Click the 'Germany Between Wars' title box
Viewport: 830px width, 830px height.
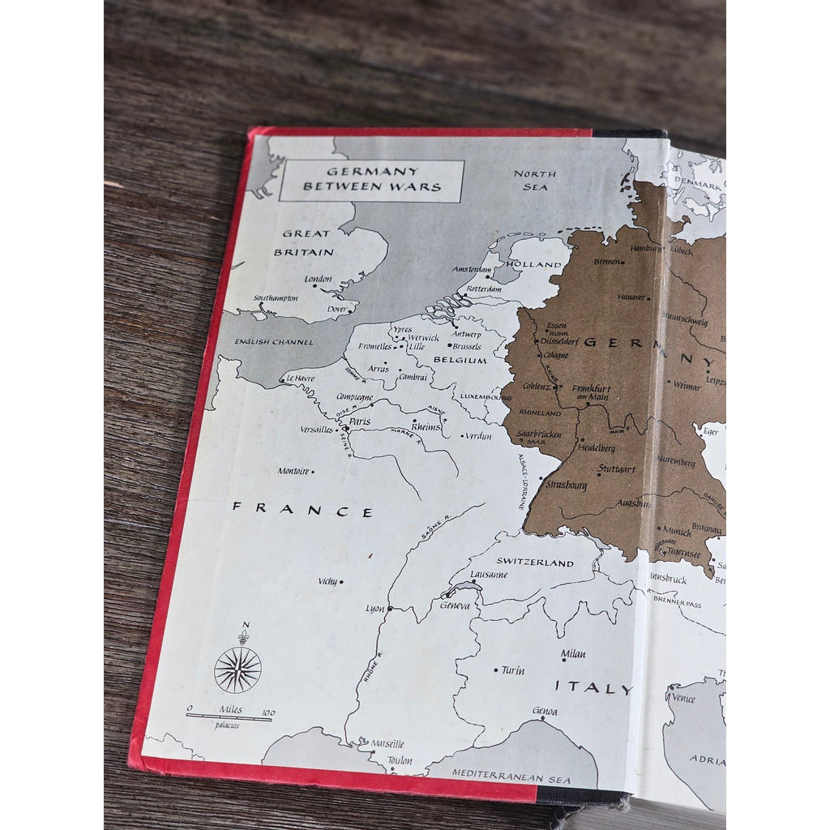click(371, 180)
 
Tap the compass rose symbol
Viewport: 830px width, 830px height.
click(237, 669)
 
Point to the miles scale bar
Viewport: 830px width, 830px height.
click(230, 717)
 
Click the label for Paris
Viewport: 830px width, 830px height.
click(360, 421)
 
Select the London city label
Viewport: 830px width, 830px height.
click(318, 280)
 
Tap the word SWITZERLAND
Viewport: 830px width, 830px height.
click(535, 562)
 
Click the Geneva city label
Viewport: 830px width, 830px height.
click(455, 605)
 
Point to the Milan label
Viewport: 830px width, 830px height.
click(573, 654)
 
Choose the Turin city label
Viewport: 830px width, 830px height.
click(513, 670)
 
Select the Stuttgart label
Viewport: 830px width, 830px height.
click(617, 468)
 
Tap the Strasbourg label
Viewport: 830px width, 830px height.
click(567, 485)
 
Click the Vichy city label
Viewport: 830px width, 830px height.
click(327, 581)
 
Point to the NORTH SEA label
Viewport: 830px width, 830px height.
click(535, 180)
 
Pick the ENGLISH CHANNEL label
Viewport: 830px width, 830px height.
click(274, 342)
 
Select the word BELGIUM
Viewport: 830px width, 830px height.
click(460, 360)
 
